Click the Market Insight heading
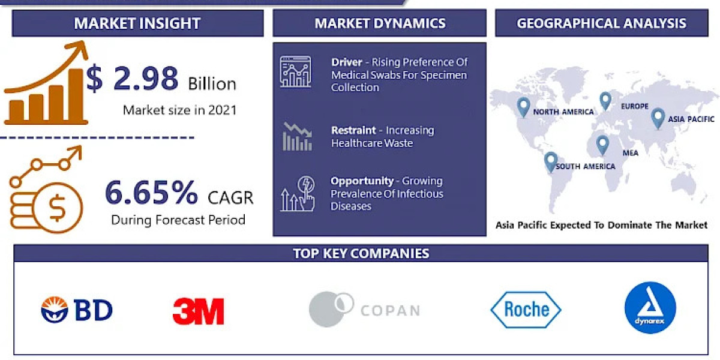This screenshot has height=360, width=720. click(137, 24)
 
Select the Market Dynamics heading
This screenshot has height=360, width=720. click(380, 24)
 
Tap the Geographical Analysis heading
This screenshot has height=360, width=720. click(601, 24)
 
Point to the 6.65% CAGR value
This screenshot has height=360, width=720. click(151, 193)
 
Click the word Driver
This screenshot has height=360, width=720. click(346, 62)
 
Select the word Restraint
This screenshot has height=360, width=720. click(353, 130)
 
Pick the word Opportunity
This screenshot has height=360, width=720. click(362, 181)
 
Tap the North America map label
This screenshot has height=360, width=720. click(563, 112)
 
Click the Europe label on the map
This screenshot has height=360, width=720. click(634, 106)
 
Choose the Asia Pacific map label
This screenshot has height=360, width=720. click(692, 119)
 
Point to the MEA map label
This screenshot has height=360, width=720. click(630, 153)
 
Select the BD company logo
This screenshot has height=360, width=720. click(77, 310)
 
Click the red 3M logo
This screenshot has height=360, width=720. click(198, 311)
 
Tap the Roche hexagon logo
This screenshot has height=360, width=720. click(526, 310)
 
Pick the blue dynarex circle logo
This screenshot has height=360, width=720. click(650, 308)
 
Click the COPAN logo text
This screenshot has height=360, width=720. click(390, 311)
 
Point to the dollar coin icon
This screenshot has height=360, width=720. click(57, 208)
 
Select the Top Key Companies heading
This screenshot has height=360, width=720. click(361, 253)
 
